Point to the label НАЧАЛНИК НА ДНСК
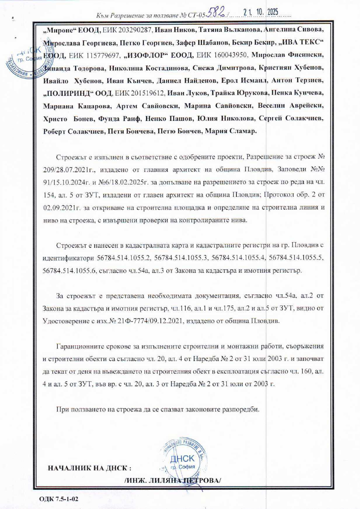pyautogui.click(x=89, y=469)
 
